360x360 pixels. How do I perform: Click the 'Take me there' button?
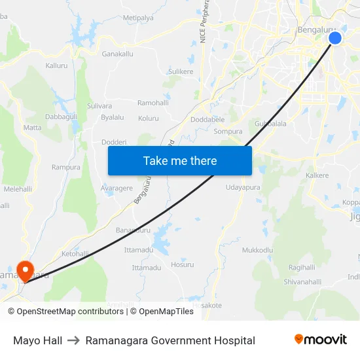(x=180, y=160)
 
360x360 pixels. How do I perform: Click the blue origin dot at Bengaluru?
(x=334, y=39)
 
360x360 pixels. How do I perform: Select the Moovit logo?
(x=321, y=340)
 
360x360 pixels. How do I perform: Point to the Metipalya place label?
(x=138, y=18)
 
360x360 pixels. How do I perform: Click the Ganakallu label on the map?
(x=118, y=54)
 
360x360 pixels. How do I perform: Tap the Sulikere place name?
(x=181, y=71)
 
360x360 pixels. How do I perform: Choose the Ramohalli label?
(x=153, y=103)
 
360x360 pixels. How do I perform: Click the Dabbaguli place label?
(x=61, y=117)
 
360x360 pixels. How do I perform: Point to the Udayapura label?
(x=243, y=187)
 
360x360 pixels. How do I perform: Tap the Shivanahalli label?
(x=302, y=281)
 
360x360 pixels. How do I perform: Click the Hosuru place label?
(x=182, y=265)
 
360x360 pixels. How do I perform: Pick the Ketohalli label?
(x=75, y=253)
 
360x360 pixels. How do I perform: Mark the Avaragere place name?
(x=117, y=189)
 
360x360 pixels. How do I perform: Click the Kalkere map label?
(x=317, y=176)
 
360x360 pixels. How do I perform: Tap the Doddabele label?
(x=207, y=120)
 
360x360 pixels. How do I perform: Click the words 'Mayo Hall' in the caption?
(x=37, y=340)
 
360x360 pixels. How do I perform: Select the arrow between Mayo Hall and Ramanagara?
(x=73, y=340)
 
